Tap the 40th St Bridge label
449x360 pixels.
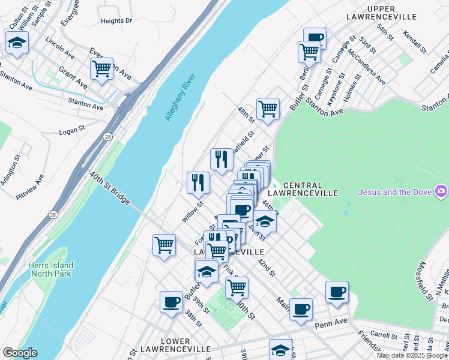(x=109, y=188)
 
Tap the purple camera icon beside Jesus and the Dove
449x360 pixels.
(x=441, y=191)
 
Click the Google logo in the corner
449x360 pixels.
(x=19, y=353)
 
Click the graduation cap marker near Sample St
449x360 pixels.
(x=17, y=43)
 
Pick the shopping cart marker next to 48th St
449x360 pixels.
(x=268, y=109)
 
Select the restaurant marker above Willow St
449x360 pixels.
(x=199, y=182)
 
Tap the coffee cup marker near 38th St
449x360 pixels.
(x=171, y=302)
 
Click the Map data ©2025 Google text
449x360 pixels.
(x=412, y=355)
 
